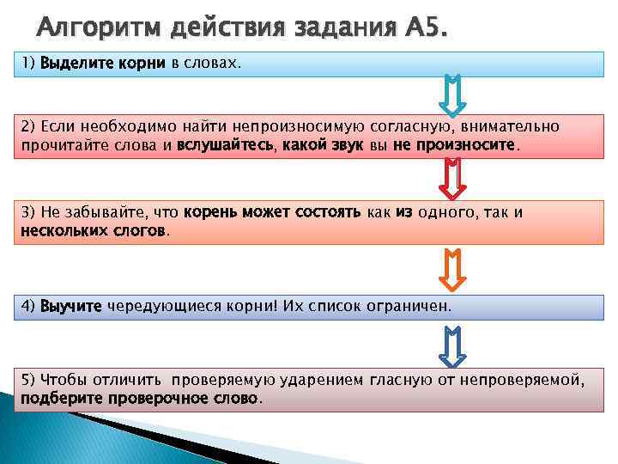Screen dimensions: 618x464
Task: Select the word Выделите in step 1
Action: point(73,64)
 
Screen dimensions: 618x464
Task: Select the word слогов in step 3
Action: point(142,230)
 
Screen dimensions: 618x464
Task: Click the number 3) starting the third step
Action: point(27,212)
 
